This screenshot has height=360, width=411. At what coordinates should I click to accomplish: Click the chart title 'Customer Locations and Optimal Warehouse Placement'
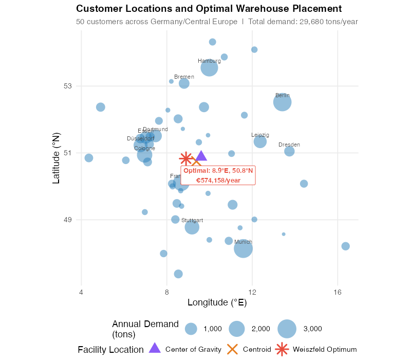(209, 9)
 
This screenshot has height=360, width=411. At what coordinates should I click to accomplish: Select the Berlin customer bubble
(282, 102)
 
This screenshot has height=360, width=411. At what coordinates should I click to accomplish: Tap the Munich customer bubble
(243, 249)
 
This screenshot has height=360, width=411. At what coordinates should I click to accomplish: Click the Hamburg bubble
(209, 68)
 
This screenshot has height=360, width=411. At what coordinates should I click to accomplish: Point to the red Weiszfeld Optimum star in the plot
(185, 159)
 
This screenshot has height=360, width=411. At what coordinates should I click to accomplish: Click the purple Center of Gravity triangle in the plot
(201, 156)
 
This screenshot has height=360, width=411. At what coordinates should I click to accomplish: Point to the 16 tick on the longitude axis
(337, 292)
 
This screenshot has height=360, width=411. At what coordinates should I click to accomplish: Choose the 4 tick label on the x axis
(81, 292)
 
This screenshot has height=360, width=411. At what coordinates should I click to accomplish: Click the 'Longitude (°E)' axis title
(217, 302)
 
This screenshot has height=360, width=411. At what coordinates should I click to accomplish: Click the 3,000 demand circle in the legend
(287, 329)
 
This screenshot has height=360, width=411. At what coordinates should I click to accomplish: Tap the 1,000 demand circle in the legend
(191, 329)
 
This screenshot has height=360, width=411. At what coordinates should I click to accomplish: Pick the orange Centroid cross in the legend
(233, 349)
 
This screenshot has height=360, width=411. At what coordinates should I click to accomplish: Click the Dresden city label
(289, 145)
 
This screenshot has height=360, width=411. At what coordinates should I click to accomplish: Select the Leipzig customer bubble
(260, 141)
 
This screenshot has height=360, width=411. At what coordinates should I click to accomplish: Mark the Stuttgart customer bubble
(192, 227)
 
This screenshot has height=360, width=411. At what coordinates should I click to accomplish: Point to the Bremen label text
(184, 77)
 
